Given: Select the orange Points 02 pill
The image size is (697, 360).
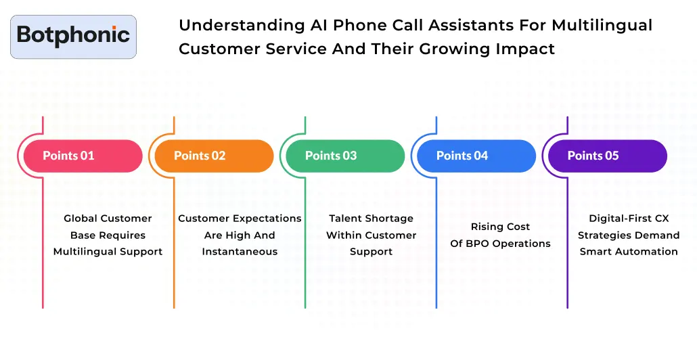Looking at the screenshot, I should click(214, 156).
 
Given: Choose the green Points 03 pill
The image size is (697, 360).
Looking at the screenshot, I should click(345, 156).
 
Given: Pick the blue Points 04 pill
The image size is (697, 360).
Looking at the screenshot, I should click(476, 156).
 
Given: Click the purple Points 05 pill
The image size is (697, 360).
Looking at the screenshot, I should click(607, 156).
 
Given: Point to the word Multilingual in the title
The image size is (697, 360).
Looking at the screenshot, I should click(602, 26).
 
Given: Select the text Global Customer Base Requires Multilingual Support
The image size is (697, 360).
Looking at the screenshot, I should click(108, 235).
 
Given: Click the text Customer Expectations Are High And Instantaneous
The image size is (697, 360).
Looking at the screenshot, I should click(240, 235).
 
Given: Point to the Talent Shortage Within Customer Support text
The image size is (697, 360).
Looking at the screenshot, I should click(371, 235).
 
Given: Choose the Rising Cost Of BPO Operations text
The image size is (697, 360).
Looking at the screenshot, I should click(501, 235).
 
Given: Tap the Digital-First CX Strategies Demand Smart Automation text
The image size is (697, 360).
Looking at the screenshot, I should click(629, 235).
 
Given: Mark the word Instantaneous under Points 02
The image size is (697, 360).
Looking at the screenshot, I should click(240, 252).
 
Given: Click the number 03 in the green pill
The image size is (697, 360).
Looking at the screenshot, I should click(349, 156).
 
